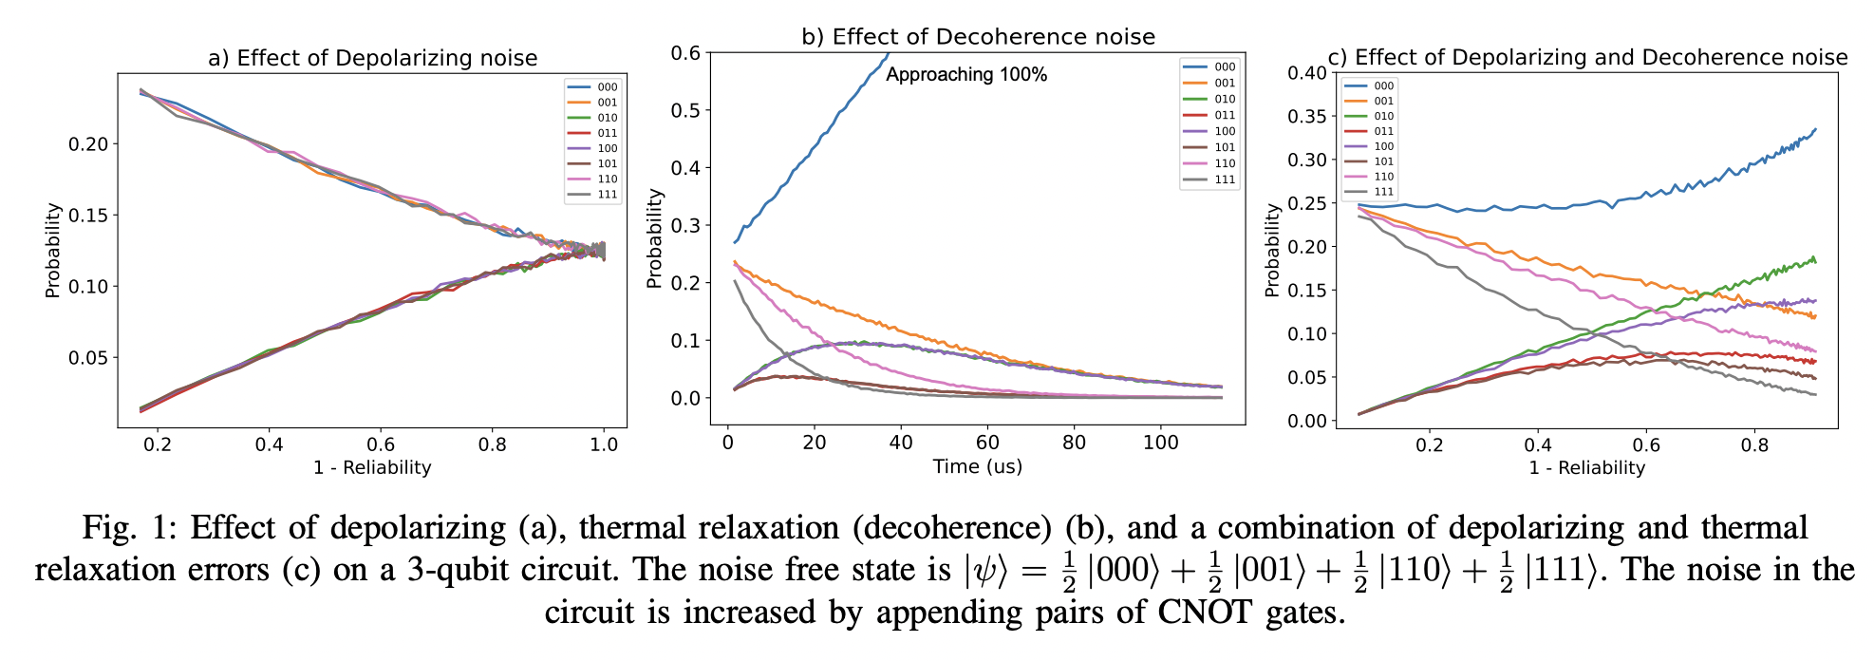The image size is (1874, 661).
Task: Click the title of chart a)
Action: point(372,59)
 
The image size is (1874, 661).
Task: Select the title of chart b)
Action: point(978,37)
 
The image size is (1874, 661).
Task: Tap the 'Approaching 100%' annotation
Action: point(965,75)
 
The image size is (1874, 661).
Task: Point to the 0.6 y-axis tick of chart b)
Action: point(685,53)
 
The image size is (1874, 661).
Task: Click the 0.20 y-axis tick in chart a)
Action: point(88,144)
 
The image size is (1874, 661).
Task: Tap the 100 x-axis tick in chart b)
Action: point(1160,443)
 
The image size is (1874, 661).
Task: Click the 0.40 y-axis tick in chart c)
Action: point(1306,73)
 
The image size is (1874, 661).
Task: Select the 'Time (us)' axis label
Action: point(977,466)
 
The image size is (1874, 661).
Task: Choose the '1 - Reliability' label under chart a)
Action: point(372,467)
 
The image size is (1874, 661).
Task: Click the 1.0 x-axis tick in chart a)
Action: point(604,444)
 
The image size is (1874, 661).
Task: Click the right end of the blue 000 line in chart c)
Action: point(1815,129)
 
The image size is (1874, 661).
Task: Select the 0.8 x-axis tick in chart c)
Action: point(1754,444)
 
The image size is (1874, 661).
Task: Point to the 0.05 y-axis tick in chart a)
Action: point(88,358)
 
